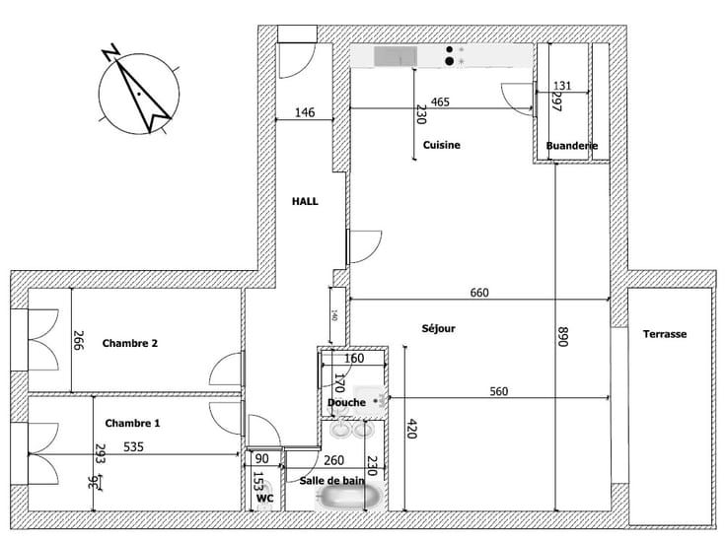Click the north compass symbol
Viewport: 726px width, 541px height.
pyautogui.click(x=140, y=88)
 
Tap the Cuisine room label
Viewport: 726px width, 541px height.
pyautogui.click(x=442, y=145)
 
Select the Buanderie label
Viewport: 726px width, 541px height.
pyautogui.click(x=572, y=147)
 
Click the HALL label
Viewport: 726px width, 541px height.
pyautogui.click(x=305, y=200)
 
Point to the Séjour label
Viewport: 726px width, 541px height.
pyautogui.click(x=438, y=329)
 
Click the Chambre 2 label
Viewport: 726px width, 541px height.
pyautogui.click(x=130, y=343)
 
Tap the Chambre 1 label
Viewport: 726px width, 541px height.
pyautogui.click(x=132, y=423)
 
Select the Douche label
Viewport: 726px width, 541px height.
pyautogui.click(x=346, y=402)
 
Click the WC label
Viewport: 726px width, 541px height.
pyautogui.click(x=264, y=499)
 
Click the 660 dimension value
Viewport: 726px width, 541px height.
pyautogui.click(x=479, y=293)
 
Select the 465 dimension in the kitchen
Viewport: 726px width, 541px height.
pyautogui.click(x=441, y=101)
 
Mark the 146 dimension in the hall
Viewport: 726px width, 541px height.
pyautogui.click(x=305, y=113)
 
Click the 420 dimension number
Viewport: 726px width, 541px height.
pyautogui.click(x=413, y=429)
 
